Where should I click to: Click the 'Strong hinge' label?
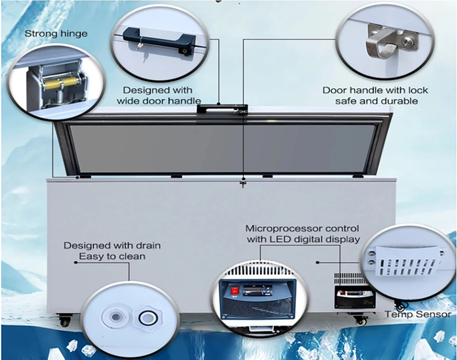coord(56,34)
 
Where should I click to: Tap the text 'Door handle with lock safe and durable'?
coord(375,95)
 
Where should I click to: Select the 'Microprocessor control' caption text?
coord(302,228)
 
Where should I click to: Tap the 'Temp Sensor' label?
coord(418,314)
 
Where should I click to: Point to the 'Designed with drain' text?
coord(112,246)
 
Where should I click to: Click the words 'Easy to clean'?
coord(112,257)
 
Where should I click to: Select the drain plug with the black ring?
coord(148,318)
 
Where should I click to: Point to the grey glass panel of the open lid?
coord(223,148)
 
